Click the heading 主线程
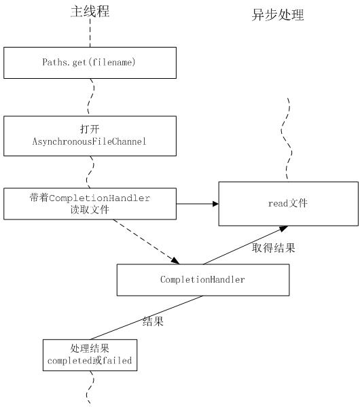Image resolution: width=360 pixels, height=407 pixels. pyautogui.click(x=90, y=12)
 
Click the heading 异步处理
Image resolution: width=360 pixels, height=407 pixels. pyautogui.click(x=278, y=14)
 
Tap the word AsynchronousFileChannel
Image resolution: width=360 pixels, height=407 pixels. pyautogui.click(x=89, y=142)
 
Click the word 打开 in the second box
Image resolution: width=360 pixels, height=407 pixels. pyautogui.click(x=90, y=129)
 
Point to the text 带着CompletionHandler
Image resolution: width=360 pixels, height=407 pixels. pyautogui.click(x=90, y=198)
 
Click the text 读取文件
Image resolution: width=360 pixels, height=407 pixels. pyautogui.click(x=90, y=210)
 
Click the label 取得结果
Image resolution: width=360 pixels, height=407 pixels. pyautogui.click(x=274, y=248)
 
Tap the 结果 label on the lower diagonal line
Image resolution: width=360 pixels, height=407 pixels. pyautogui.click(x=153, y=321)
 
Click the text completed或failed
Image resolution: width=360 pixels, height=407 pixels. pyautogui.click(x=90, y=361)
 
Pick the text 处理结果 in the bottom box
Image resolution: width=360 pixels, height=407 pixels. pyautogui.click(x=90, y=349)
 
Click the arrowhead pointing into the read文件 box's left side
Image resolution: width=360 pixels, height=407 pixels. pyautogui.click(x=216, y=204)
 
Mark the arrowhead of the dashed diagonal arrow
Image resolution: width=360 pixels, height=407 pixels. pyautogui.click(x=176, y=260)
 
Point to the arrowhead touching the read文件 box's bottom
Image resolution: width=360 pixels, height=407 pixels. pyautogui.click(x=283, y=228)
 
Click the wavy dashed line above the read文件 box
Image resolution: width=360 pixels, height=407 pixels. pyautogui.click(x=287, y=139)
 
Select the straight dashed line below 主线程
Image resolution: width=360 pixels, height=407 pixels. pyautogui.click(x=90, y=33)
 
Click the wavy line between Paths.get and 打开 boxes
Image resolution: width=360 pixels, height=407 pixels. pyautogui.click(x=91, y=97)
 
